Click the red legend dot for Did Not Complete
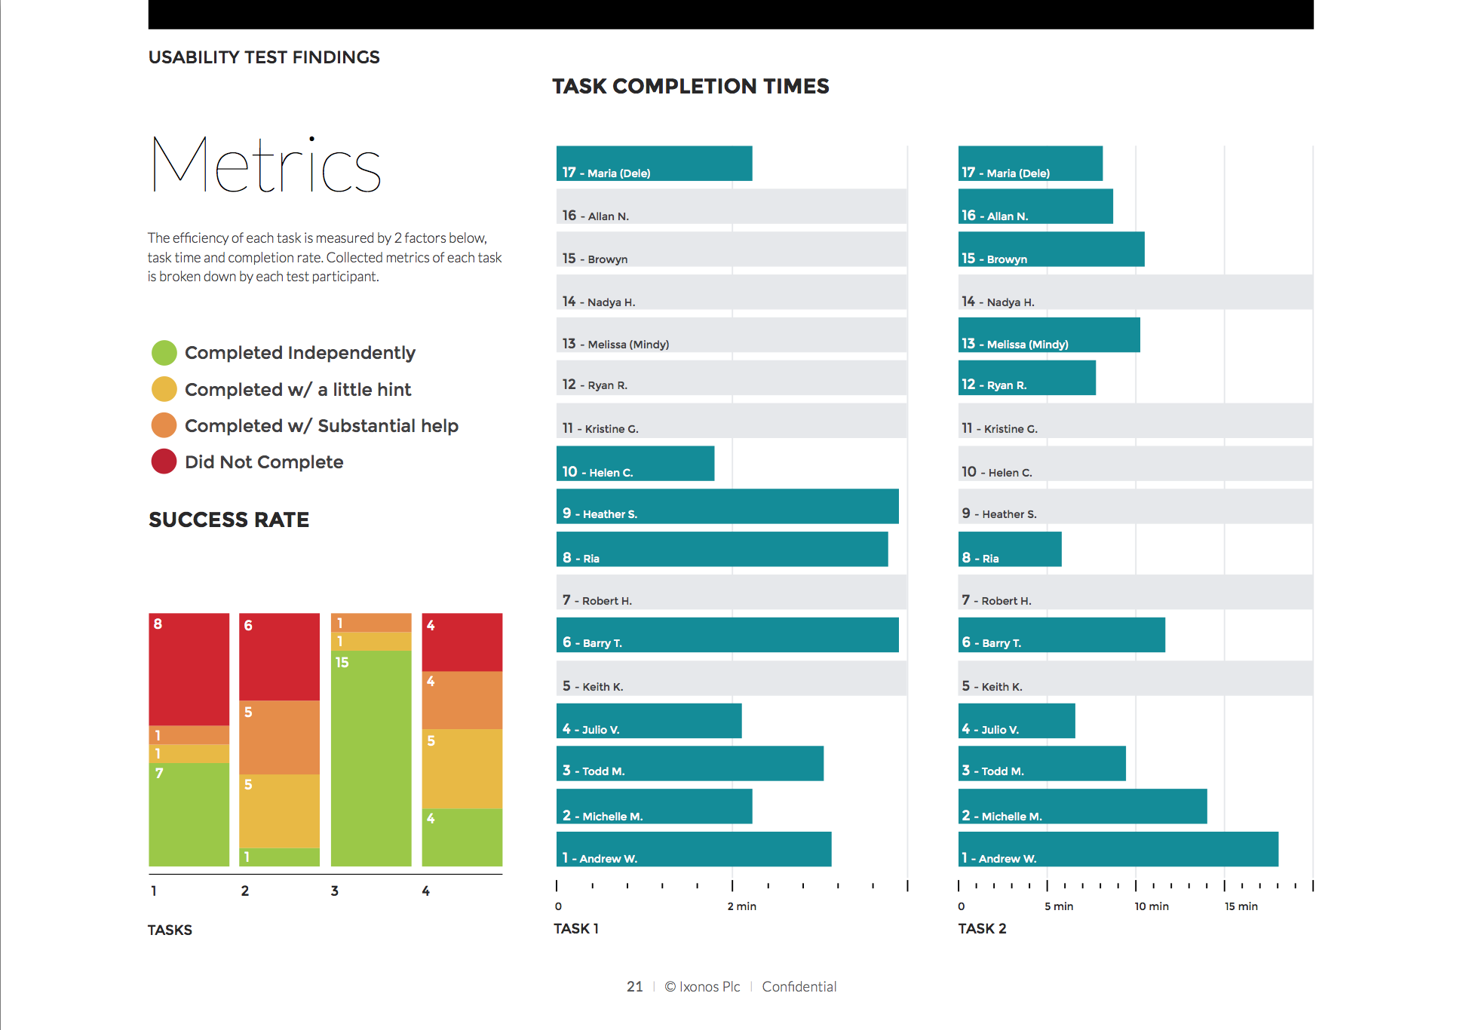[164, 461]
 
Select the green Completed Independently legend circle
[164, 352]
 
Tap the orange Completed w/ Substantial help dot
[164, 425]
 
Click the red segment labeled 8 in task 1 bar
[189, 669]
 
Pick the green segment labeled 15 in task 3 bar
[371, 758]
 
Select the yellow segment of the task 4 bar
[462, 768]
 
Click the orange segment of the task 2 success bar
[279, 737]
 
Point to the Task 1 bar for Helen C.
[635, 463]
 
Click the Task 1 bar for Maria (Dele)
[654, 163]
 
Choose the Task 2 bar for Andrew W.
[1118, 849]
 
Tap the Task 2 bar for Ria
[1010, 549]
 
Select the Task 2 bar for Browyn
[1051, 249]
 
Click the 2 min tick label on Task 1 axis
[741, 906]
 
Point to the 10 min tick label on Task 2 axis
[1151, 906]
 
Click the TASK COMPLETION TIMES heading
[690, 86]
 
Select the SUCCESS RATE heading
[229, 520]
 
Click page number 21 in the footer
[634, 986]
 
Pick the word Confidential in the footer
[799, 986]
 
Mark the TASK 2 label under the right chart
[982, 928]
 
